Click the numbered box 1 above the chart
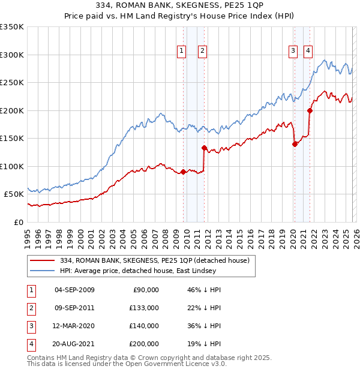181,52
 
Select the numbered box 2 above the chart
203,52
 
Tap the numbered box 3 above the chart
293,52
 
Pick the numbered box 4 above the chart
308,52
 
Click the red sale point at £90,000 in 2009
183,172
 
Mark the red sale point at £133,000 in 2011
204,148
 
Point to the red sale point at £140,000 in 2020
295,144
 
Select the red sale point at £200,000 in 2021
310,110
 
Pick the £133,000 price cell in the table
145,308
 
